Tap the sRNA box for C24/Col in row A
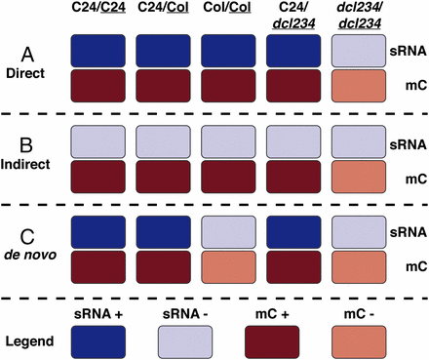point(164,52)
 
